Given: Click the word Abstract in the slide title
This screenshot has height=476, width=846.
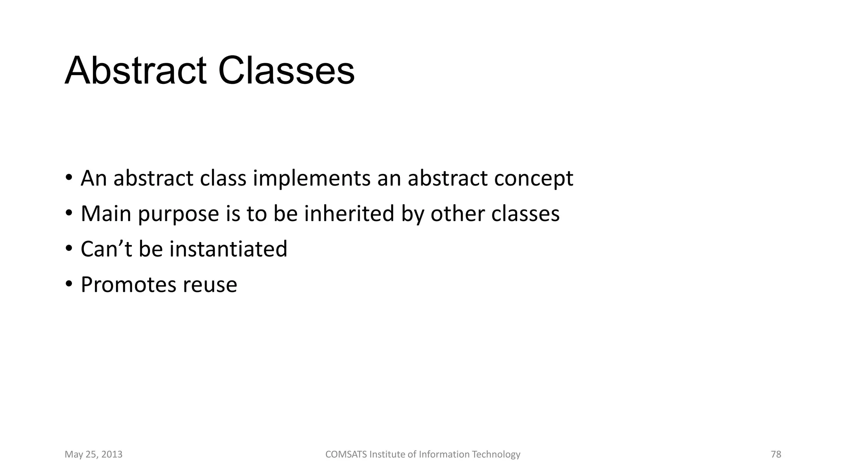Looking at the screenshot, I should click(135, 71).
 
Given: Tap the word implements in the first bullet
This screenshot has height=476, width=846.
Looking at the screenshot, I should click(311, 178).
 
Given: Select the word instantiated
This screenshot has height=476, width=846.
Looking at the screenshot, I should click(228, 249).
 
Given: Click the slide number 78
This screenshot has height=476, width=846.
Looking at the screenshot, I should click(776, 455).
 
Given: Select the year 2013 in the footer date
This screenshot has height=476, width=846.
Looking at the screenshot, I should click(112, 455).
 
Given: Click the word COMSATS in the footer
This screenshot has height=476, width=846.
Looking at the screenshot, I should click(346, 455).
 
